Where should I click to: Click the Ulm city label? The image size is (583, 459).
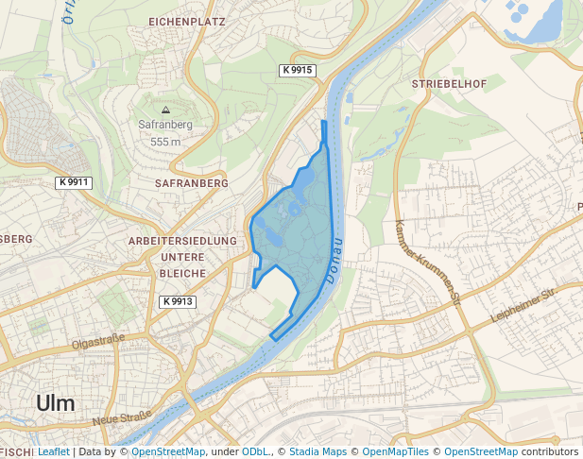(55, 402)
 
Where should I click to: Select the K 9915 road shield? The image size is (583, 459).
(297, 71)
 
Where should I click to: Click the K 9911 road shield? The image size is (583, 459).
(73, 182)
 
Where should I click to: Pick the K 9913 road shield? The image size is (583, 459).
(177, 301)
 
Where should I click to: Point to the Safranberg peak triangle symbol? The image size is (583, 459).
(165, 110)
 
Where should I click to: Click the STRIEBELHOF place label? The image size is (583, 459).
(449, 84)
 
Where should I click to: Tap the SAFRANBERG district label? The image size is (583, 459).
(191, 182)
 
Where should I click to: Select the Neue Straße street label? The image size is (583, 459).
(122, 416)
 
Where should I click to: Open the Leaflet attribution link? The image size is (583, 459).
(54, 451)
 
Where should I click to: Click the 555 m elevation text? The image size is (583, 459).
(165, 142)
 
